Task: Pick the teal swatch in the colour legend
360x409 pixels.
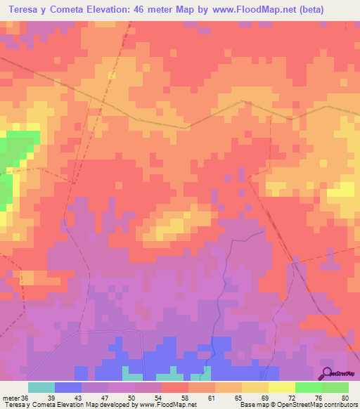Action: [41, 388]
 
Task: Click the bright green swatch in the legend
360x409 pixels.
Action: [308, 388]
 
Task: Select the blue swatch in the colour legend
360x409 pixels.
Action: [68, 388]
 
